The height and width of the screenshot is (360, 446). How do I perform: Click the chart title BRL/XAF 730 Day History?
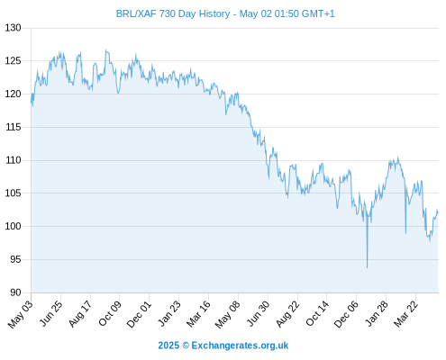click(x=173, y=13)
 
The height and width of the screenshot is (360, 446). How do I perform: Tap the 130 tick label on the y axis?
click(x=13, y=28)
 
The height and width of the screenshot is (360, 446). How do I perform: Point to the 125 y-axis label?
click(x=13, y=61)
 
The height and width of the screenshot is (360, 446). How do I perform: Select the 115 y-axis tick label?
click(x=13, y=127)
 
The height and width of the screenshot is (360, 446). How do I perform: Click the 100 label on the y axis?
click(x=13, y=226)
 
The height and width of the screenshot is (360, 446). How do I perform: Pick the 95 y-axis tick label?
click(x=15, y=259)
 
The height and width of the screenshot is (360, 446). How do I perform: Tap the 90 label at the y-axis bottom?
click(x=15, y=292)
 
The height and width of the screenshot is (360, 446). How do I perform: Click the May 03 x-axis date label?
click(x=21, y=314)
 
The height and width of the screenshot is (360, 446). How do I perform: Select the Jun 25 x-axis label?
click(x=51, y=313)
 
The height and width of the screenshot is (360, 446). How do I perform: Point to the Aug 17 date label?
click(x=80, y=313)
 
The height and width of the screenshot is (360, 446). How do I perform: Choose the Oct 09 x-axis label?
click(x=110, y=313)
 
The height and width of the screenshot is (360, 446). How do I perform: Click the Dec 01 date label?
click(x=139, y=314)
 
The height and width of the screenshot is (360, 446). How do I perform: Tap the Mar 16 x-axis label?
click(x=198, y=313)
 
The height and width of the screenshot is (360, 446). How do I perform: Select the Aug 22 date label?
click(x=287, y=313)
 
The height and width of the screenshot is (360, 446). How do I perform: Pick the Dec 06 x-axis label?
click(x=346, y=314)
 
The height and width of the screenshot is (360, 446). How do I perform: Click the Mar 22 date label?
click(x=405, y=313)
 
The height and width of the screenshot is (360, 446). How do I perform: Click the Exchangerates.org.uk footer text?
click(x=240, y=346)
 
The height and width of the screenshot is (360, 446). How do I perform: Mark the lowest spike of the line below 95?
click(x=367, y=267)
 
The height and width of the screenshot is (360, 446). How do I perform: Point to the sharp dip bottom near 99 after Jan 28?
click(x=405, y=233)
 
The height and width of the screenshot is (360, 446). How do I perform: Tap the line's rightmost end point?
click(x=438, y=212)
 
